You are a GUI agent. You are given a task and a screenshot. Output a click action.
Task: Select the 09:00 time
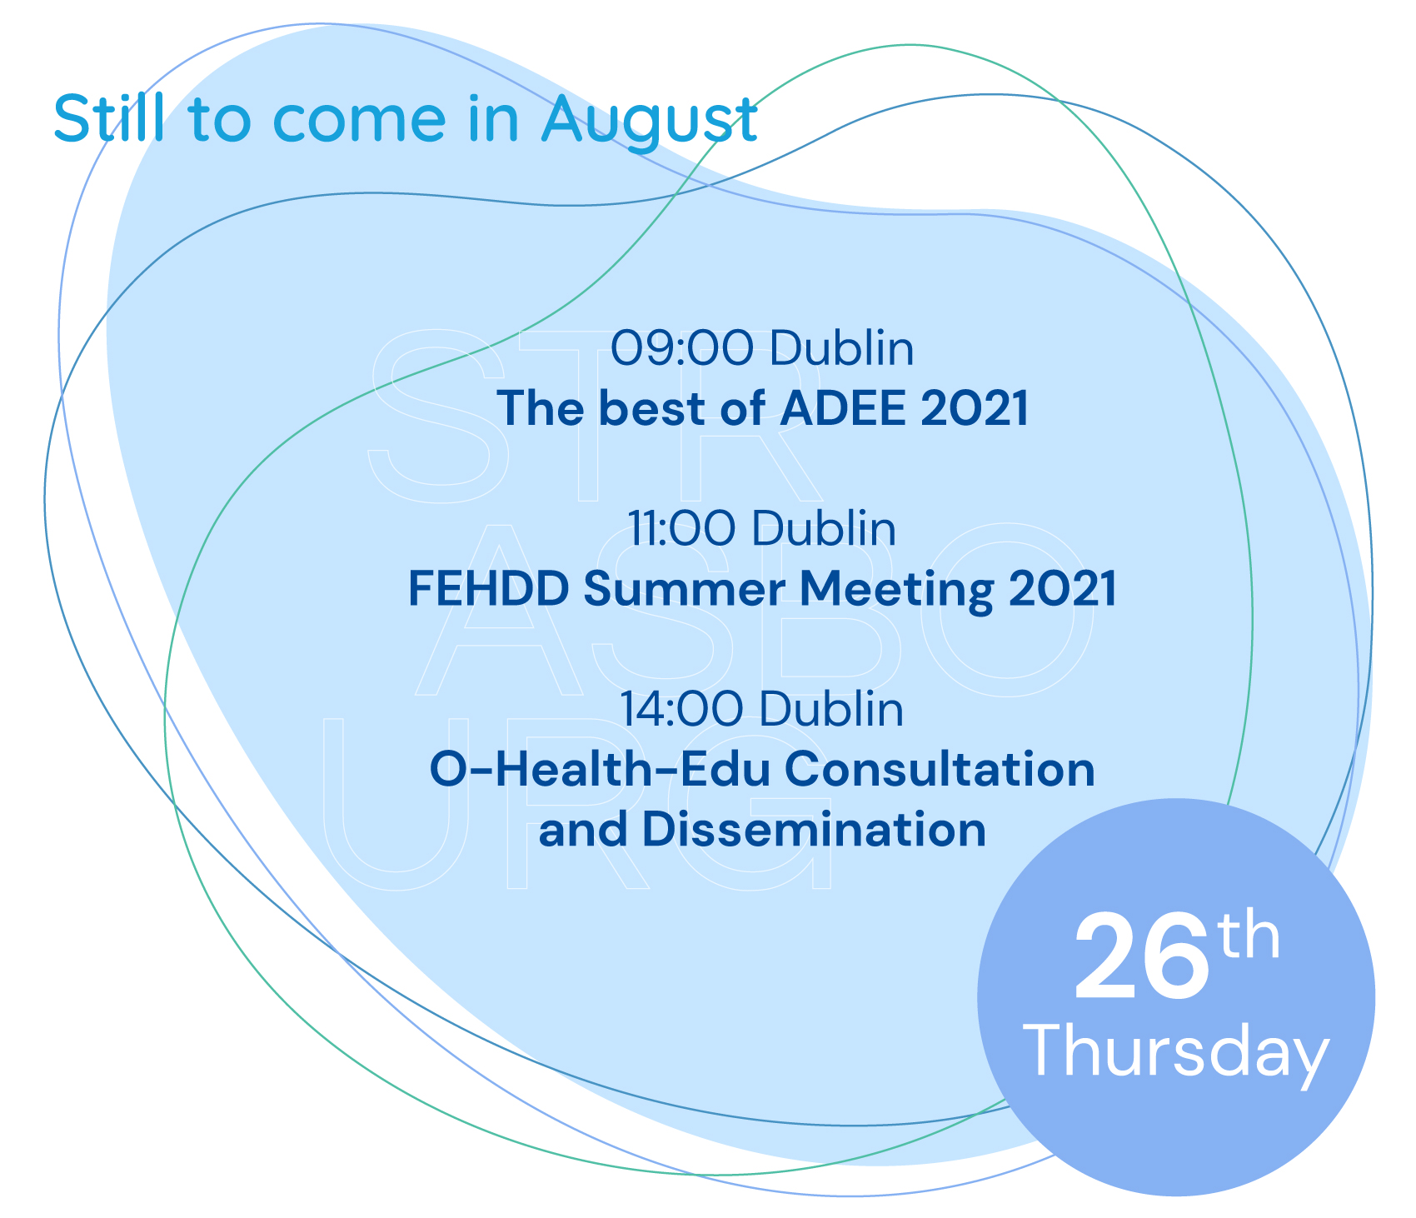point(681,348)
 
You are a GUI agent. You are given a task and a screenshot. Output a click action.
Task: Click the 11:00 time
point(681,528)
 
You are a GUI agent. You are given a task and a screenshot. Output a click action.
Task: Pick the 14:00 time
point(681,709)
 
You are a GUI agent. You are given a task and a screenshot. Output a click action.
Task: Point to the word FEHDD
point(489,589)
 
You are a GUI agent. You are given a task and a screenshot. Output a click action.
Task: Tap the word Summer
point(684,589)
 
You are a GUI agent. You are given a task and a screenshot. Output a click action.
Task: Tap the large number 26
point(1141,956)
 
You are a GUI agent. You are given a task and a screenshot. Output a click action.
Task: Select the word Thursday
point(1176,1051)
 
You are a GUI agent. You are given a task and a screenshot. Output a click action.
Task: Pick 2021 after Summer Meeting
point(1062,589)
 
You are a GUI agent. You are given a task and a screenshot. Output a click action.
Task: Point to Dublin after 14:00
point(831,709)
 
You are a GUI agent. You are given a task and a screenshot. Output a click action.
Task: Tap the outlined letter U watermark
point(388,805)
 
